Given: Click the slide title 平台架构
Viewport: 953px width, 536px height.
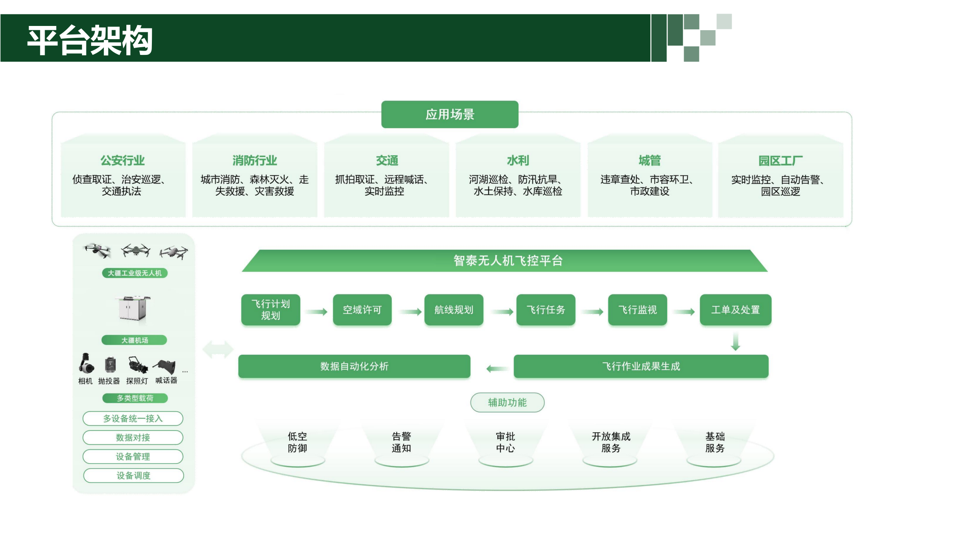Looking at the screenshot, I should (x=90, y=40).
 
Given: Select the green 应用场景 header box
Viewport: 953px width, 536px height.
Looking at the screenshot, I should (x=450, y=114).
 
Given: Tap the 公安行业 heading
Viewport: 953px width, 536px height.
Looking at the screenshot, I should (x=123, y=160).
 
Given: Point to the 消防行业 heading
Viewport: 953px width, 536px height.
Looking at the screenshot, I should (x=254, y=160).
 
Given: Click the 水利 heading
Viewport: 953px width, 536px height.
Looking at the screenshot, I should (x=518, y=160).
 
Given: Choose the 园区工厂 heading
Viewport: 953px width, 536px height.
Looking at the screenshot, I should (x=780, y=160).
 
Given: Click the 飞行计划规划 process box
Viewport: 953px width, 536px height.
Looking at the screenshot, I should (x=271, y=310).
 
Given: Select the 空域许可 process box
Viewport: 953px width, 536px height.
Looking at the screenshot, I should (x=362, y=310).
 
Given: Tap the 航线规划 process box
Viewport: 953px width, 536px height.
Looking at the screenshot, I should (x=454, y=310).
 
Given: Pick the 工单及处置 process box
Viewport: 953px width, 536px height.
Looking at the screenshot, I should (x=735, y=310).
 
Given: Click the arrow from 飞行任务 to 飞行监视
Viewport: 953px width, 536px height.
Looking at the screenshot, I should (x=593, y=312).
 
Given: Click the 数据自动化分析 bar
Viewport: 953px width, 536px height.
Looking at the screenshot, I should (x=354, y=366).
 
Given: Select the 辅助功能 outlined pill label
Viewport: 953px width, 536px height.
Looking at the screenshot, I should (x=507, y=402).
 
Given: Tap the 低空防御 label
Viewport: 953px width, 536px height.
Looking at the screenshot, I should (x=297, y=442).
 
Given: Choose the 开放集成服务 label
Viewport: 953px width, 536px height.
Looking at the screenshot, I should (x=611, y=442).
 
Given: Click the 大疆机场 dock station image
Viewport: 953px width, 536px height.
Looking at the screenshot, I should (x=133, y=308).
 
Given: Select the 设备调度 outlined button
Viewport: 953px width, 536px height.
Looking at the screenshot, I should (x=134, y=476).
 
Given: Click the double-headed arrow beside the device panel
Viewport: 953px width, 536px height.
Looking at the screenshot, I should (x=218, y=350).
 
